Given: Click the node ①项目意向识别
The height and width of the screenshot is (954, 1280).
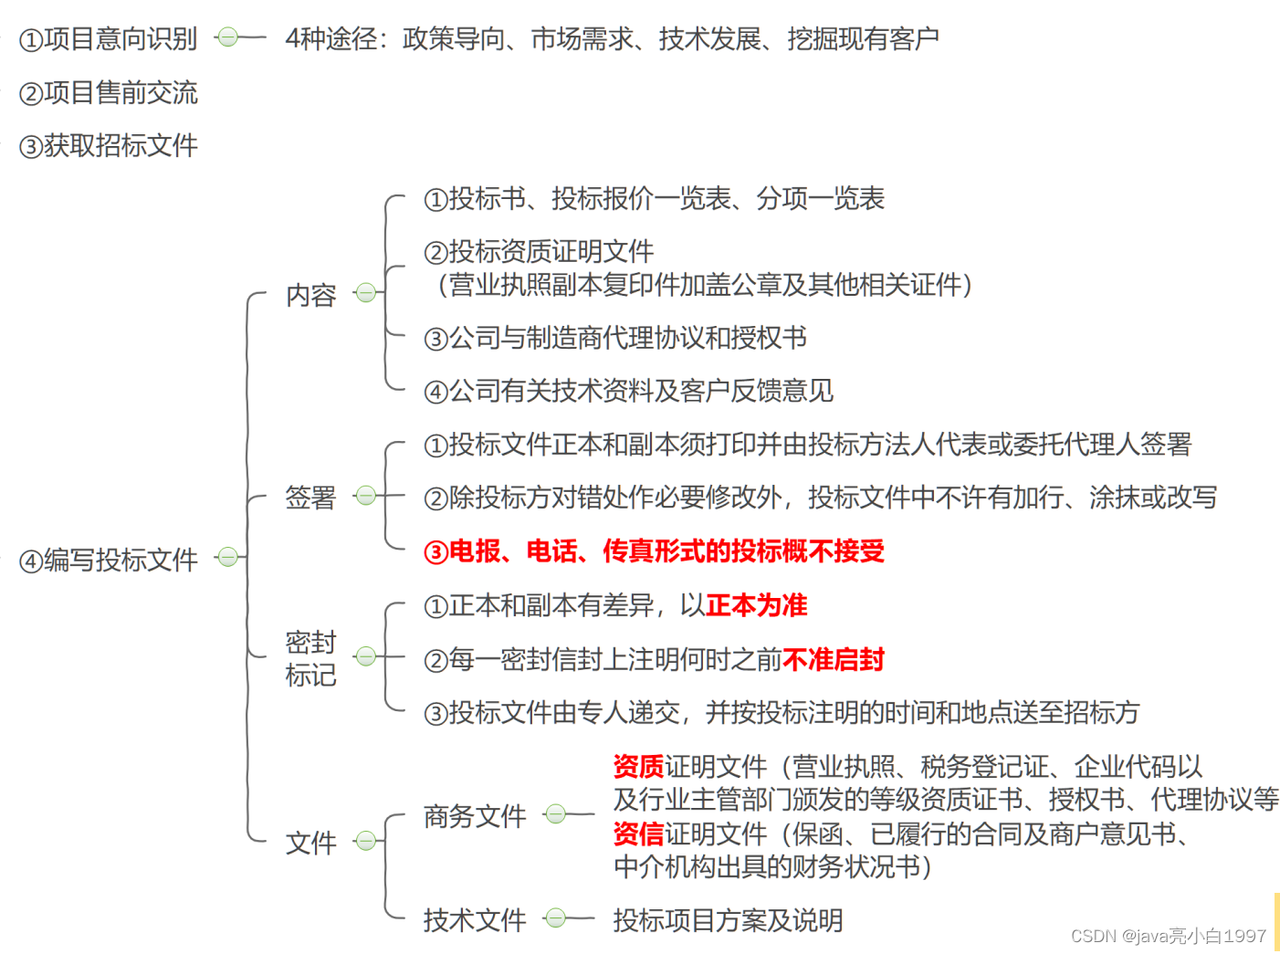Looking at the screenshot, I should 108,38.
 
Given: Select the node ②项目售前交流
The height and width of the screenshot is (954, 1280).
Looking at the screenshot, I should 108,92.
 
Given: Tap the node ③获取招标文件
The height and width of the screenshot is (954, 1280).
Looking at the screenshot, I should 108,145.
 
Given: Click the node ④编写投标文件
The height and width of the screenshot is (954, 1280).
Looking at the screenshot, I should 108,559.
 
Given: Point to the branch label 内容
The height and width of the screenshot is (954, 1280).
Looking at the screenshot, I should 310,295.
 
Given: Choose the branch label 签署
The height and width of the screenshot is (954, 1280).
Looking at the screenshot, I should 310,497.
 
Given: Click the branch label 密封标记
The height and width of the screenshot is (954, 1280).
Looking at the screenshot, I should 310,658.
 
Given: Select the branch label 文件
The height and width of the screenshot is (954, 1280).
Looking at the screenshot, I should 310,843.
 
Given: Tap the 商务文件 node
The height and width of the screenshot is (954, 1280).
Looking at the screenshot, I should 475,815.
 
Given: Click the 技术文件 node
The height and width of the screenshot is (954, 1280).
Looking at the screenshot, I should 475,919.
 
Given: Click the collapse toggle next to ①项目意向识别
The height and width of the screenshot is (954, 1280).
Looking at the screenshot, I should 228,37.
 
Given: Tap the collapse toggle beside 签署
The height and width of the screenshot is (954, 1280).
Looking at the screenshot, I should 366,496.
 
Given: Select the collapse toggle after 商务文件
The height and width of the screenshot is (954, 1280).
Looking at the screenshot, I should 555,813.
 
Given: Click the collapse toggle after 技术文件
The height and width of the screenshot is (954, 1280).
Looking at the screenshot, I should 555,918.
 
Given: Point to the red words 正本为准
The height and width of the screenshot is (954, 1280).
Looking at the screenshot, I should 756,605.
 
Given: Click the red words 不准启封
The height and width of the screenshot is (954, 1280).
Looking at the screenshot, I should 833,659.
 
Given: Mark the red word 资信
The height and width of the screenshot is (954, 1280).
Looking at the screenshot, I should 638,833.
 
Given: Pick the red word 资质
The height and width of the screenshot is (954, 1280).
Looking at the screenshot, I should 638,766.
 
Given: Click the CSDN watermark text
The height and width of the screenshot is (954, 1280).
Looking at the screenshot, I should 1168,936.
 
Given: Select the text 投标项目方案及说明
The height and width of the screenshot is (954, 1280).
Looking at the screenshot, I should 728,919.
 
